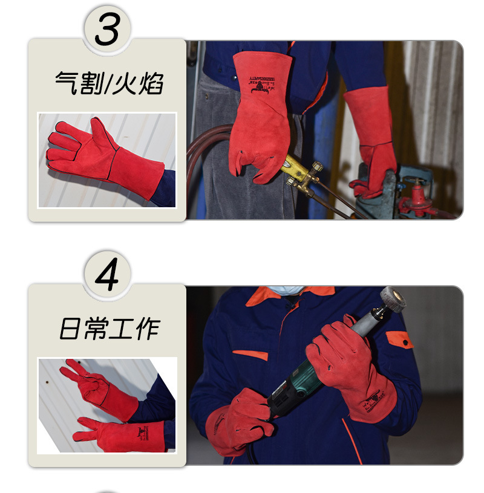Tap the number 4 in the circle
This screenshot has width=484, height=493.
click(108, 274)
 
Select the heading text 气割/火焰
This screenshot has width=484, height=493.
click(108, 84)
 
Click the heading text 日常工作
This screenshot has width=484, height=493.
click(109, 329)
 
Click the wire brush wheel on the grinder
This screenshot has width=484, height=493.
click(393, 300)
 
